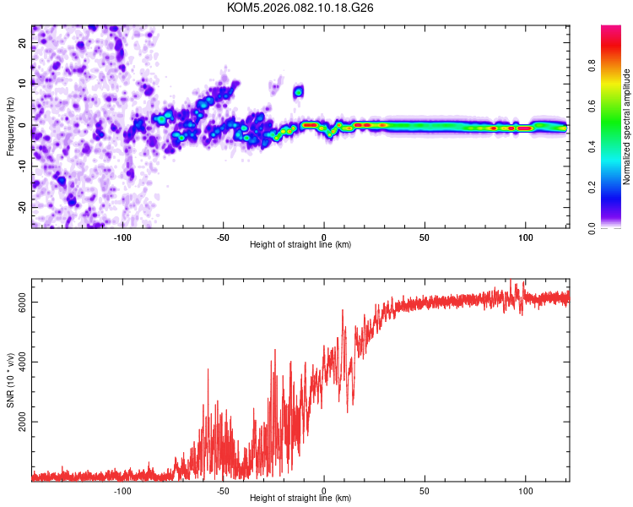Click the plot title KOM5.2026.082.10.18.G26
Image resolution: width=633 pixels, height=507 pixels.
click(300, 8)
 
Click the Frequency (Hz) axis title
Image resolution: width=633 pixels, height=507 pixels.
click(10, 126)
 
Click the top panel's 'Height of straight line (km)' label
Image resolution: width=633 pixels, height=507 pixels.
click(300, 244)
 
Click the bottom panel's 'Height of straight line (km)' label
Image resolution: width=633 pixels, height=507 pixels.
click(300, 498)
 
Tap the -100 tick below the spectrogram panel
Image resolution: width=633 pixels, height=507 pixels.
click(122, 237)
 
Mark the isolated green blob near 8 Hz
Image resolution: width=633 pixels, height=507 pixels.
click(298, 90)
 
